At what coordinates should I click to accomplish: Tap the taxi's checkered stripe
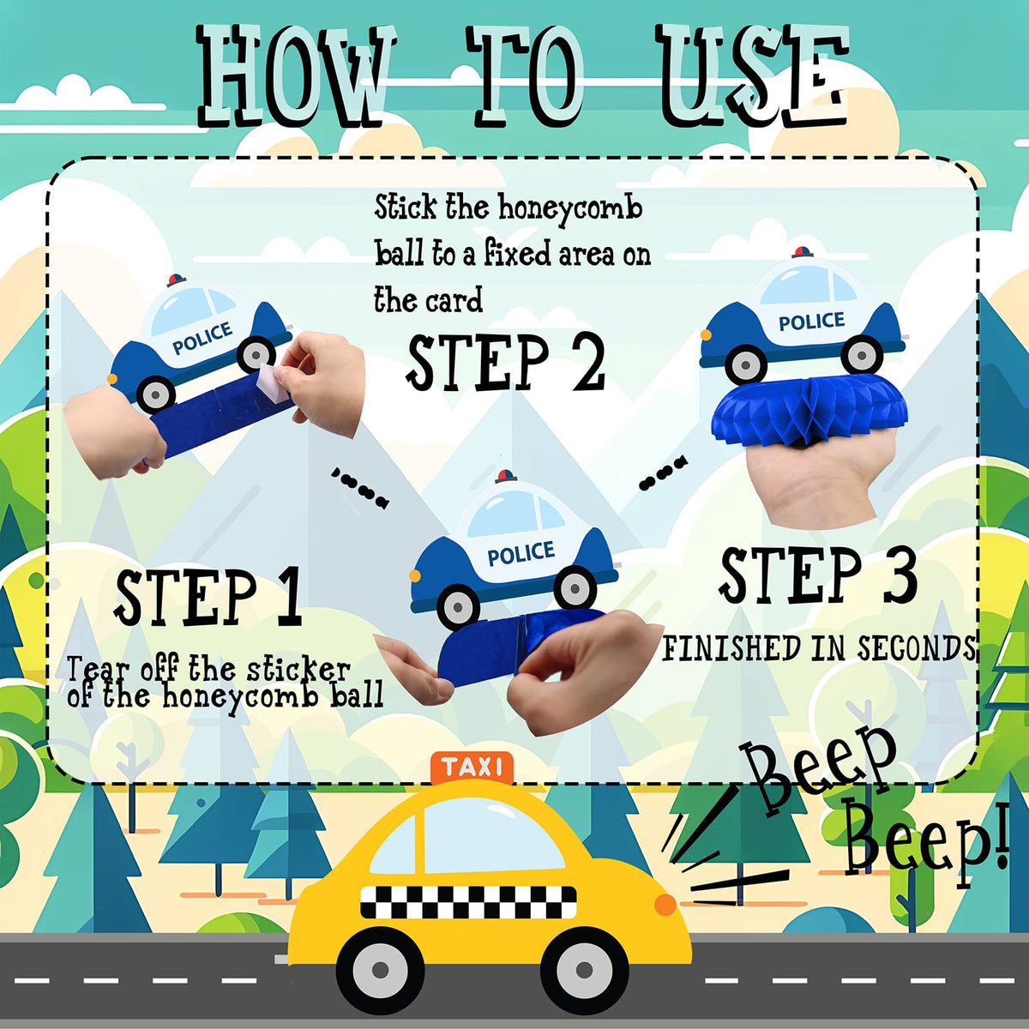pos(468,902)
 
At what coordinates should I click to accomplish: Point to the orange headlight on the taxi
pos(665,903)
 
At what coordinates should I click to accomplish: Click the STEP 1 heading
pos(208,597)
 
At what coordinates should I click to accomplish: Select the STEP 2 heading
pos(506,363)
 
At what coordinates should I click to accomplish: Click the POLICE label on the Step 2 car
pos(521,553)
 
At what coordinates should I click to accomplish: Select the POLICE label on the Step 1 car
pos(202,338)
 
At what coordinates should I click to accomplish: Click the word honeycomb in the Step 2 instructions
pos(570,209)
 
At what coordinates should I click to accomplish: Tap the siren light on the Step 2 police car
pos(507,476)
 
